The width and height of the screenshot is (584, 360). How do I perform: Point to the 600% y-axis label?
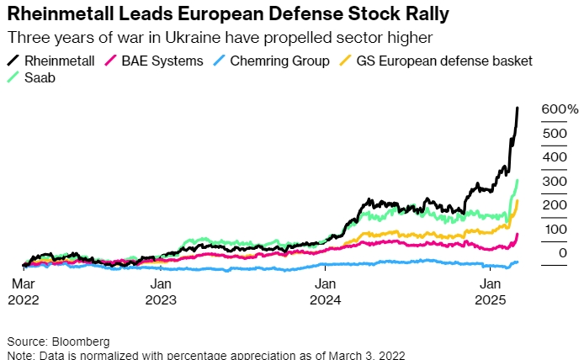coord(560,109)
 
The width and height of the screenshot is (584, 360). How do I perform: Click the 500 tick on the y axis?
coord(554,134)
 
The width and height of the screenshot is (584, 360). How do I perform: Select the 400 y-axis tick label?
coord(554,157)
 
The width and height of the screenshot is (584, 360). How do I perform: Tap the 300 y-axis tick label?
coord(554,182)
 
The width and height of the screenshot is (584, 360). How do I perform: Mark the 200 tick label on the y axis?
coord(554,205)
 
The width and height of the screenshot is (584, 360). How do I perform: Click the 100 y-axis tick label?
coord(554,229)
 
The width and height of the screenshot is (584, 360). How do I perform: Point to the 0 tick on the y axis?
coord(561,253)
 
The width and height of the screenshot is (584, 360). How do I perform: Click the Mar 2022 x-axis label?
coord(23,291)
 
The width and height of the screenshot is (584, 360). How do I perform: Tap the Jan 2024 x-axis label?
coord(325,291)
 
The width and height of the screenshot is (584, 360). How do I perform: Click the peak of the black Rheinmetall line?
coord(517,108)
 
